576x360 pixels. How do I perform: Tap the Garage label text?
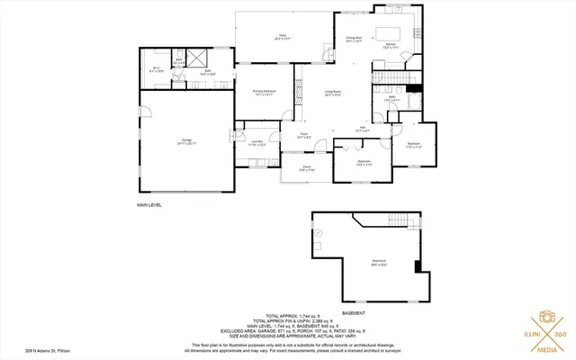click(186, 142)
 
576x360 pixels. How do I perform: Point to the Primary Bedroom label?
click(263, 93)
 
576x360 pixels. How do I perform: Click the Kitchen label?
click(391, 44)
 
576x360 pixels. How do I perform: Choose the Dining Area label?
click(354, 40)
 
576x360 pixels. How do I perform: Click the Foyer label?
click(304, 136)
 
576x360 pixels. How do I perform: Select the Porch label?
click(306, 167)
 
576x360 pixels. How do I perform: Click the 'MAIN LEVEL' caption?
click(149, 204)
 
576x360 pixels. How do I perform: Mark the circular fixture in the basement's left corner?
click(319, 232)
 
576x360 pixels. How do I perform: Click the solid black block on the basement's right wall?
click(417, 265)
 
